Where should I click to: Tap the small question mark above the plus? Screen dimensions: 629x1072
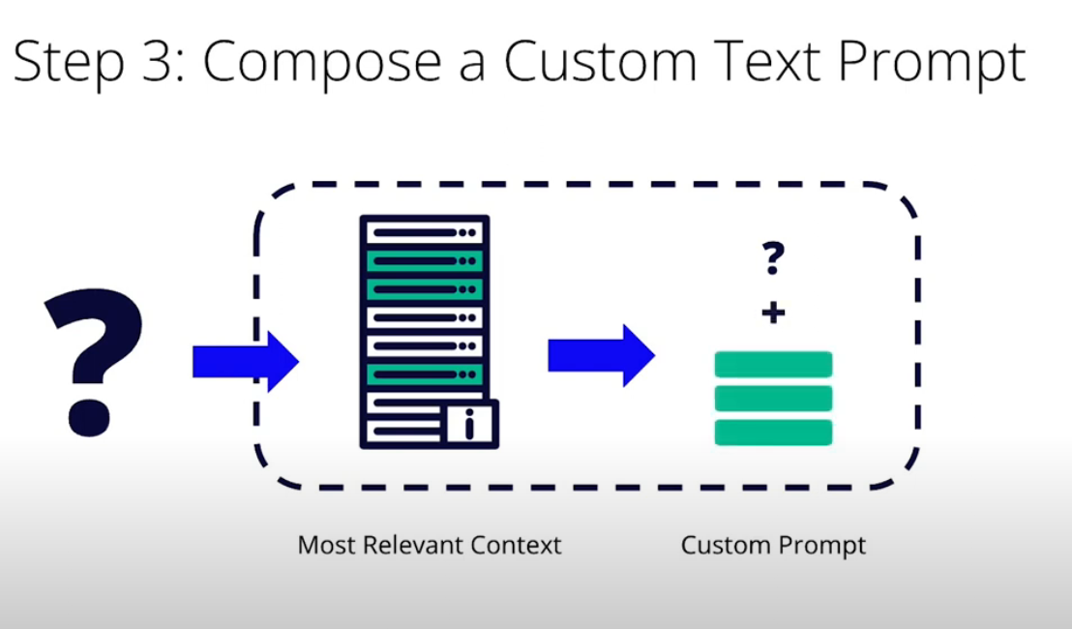point(773,258)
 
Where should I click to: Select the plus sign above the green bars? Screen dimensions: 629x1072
point(773,313)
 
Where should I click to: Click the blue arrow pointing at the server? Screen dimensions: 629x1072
point(245,361)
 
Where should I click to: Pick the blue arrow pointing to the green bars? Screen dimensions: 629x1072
point(601,355)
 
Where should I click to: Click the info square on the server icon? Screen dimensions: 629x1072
point(470,423)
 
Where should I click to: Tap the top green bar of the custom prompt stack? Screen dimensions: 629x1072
point(773,365)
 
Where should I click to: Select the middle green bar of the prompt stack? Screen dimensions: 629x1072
point(773,398)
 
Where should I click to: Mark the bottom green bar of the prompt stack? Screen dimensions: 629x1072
point(773,432)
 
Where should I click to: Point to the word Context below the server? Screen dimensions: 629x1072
point(517,545)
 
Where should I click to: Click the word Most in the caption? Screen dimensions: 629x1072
point(325,545)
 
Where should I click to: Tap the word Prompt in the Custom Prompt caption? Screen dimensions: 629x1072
point(821,546)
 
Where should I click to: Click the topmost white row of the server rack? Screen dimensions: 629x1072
point(424,232)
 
